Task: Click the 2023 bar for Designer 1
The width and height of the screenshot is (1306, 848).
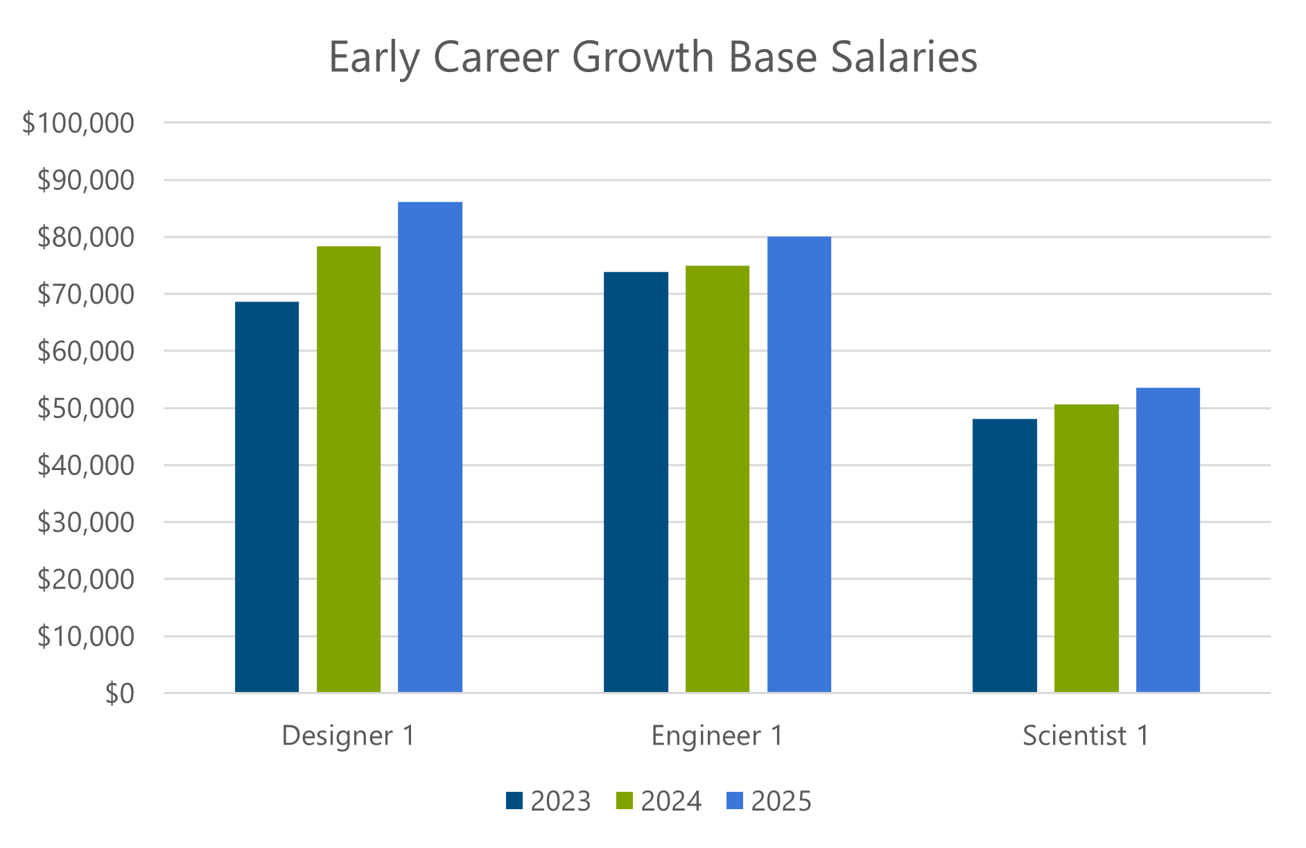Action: coord(267,496)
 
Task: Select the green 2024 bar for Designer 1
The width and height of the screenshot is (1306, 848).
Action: coord(349,469)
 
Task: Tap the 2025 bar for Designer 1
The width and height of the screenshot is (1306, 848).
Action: coord(430,447)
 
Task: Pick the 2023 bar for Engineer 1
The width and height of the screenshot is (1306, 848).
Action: coord(636,482)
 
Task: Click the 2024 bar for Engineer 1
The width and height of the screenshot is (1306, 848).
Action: coord(717,478)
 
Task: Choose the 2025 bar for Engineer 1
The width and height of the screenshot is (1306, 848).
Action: coord(799,464)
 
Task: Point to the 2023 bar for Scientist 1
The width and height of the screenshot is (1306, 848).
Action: coord(1004,555)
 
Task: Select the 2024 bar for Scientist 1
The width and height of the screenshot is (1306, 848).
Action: coord(1086,548)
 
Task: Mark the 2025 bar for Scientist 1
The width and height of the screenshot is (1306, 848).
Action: coord(1168,539)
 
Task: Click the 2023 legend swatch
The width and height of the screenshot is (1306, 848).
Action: coord(514,801)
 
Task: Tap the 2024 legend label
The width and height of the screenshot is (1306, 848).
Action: coord(670,801)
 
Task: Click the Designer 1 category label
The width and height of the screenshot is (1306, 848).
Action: coord(348,736)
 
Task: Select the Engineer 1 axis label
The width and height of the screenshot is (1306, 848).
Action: coord(717,736)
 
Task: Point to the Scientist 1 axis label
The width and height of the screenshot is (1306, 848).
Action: coord(1086,736)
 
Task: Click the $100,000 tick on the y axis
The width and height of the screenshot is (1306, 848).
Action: coord(78,123)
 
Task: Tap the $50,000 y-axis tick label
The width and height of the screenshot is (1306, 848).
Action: coord(85,408)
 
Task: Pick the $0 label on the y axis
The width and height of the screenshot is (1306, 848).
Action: coord(119,693)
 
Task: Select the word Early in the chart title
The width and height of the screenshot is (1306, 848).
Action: coord(374,57)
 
